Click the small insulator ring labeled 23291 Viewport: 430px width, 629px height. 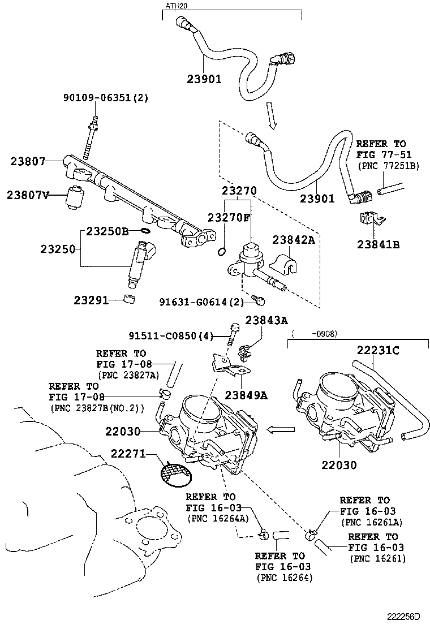click(x=131, y=299)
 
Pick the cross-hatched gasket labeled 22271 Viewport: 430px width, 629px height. click(x=175, y=473)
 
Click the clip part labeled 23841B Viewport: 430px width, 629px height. click(x=369, y=221)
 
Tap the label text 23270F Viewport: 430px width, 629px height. click(x=229, y=218)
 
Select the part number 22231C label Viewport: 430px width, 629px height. click(x=378, y=351)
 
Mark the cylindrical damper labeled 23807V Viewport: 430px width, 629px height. click(x=75, y=197)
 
